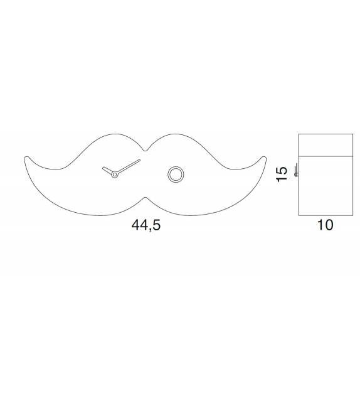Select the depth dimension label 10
point(325,225)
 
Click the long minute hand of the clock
point(128,166)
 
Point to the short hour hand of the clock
point(108,171)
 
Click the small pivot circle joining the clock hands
point(114,175)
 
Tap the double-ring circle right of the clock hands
point(175,174)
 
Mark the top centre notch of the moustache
point(145,150)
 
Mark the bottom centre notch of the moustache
point(145,198)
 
